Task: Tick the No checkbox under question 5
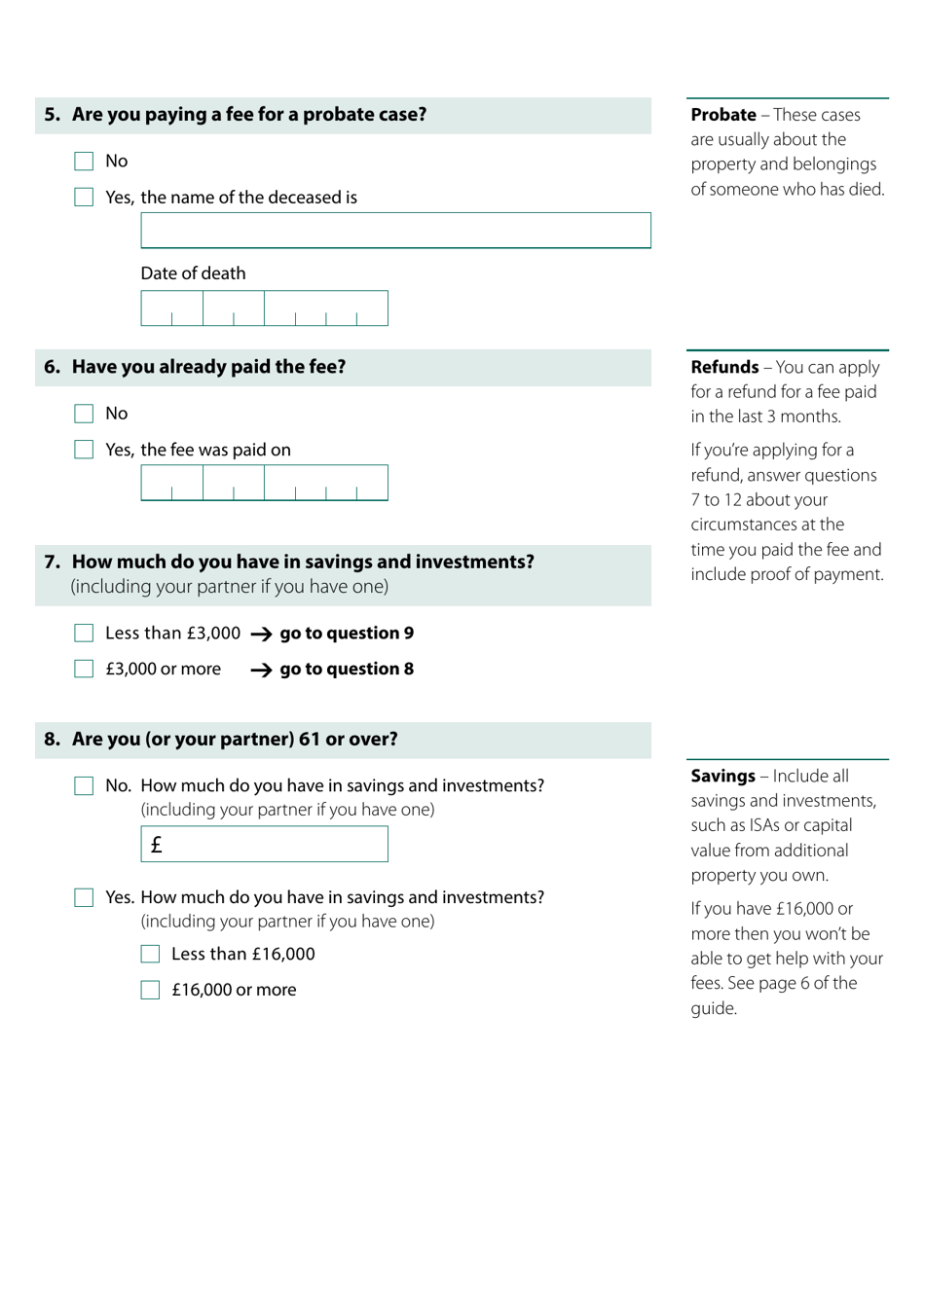pos(84,162)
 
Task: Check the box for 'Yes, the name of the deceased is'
pos(84,198)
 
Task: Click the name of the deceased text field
pos(395,231)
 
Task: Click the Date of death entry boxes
pos(264,308)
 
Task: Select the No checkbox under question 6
pos(84,414)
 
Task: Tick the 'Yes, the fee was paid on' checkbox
pos(84,450)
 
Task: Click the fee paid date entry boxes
pos(264,483)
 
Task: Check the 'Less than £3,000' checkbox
pos(84,634)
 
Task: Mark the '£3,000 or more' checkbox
pos(84,670)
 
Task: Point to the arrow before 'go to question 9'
pos(261,635)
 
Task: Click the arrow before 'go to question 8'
pos(261,671)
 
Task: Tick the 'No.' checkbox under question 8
pos(84,786)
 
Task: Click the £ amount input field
pos(264,844)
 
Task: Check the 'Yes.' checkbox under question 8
pos(84,898)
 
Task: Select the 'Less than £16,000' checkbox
pos(150,955)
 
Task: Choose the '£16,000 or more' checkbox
pos(150,991)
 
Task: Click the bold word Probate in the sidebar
pos(723,115)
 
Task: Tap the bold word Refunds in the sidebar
pos(724,367)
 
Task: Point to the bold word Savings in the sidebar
pos(722,776)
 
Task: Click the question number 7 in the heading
pos(52,562)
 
